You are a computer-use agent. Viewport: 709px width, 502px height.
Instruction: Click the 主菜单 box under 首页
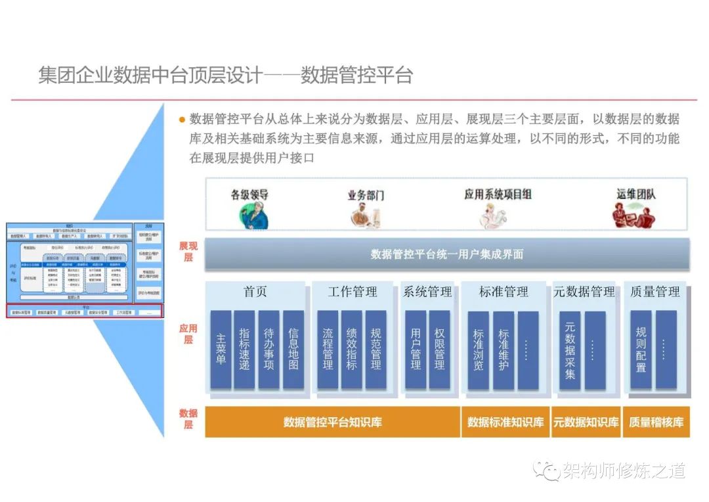pyautogui.click(x=221, y=350)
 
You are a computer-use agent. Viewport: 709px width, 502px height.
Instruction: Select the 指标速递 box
pyautogui.click(x=244, y=350)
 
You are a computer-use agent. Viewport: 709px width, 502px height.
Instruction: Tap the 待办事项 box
pyautogui.click(x=269, y=350)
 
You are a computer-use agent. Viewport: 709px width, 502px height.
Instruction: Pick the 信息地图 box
pyautogui.click(x=293, y=350)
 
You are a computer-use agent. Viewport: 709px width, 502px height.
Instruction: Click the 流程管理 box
pyautogui.click(x=328, y=350)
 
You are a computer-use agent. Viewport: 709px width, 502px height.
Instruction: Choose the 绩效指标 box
pyautogui.click(x=352, y=350)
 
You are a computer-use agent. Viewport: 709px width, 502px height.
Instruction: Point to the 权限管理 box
pyautogui.click(x=439, y=350)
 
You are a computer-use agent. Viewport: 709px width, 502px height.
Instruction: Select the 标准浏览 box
pyautogui.click(x=479, y=350)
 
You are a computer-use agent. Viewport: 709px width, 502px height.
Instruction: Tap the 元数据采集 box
pyautogui.click(x=570, y=350)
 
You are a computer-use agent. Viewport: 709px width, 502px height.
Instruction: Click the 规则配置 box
pyautogui.click(x=641, y=350)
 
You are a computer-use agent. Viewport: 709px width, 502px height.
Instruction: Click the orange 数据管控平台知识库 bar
pyautogui.click(x=332, y=422)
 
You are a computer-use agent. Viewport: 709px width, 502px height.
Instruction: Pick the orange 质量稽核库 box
pyautogui.click(x=656, y=422)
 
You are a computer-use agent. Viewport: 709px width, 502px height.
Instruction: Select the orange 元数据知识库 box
pyautogui.click(x=586, y=422)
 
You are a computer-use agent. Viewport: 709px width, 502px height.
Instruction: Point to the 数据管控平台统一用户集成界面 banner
pyautogui.click(x=446, y=254)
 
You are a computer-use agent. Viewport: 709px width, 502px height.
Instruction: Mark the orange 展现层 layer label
pyautogui.click(x=188, y=252)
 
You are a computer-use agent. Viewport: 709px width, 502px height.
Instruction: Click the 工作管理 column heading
pyautogui.click(x=353, y=292)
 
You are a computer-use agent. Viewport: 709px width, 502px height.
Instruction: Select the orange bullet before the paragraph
pyautogui.click(x=182, y=120)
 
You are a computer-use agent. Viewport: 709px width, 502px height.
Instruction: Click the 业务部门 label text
pyautogui.click(x=366, y=195)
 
